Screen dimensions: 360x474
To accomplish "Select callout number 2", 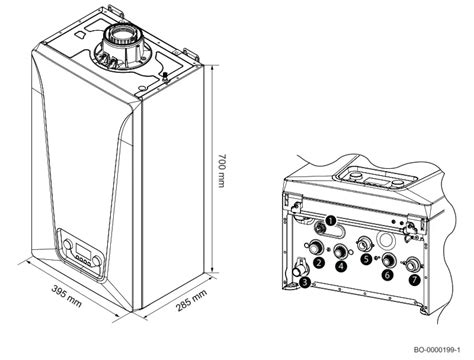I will (317, 262).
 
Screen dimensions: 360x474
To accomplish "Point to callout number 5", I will (366, 258).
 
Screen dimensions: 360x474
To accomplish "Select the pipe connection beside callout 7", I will (411, 264).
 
